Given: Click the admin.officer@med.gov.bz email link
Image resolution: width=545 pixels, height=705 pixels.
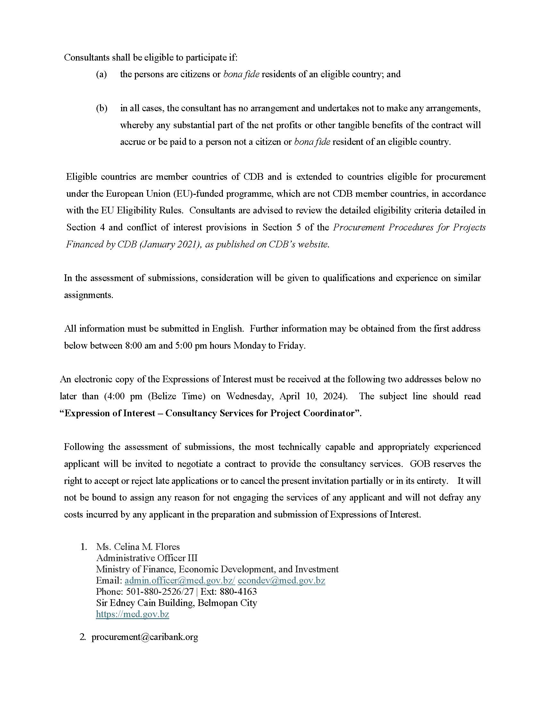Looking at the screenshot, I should pos(180,581).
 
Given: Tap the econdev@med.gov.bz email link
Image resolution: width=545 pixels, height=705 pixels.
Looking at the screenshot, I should pos(281,581).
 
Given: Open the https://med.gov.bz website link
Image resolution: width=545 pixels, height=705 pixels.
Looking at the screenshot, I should pos(132,614).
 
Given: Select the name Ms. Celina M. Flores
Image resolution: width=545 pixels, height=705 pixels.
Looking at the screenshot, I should pos(138,547).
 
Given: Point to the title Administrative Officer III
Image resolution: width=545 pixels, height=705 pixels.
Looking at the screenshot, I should pos(147,558).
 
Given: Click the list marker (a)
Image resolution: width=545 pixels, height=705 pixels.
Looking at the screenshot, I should pos(101,74).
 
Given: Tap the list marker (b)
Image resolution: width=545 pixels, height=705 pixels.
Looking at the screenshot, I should pos(102,108).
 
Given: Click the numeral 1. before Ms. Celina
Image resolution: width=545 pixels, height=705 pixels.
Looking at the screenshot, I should pos(84,547).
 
